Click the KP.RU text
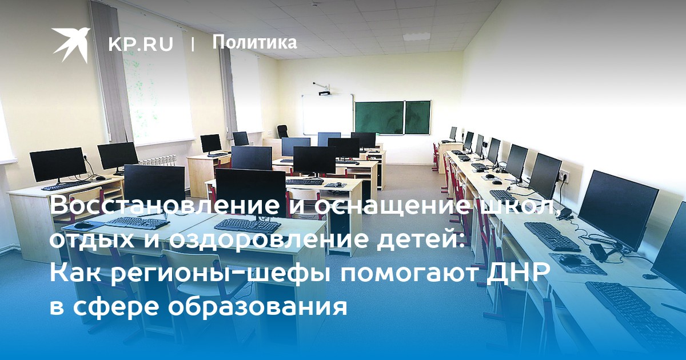tap(141, 44)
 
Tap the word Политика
tap(254, 42)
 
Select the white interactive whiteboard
tap(328, 115)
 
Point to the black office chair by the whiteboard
tap(282, 131)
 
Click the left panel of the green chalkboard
tap(380, 118)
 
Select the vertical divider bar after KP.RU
tap(193, 44)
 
